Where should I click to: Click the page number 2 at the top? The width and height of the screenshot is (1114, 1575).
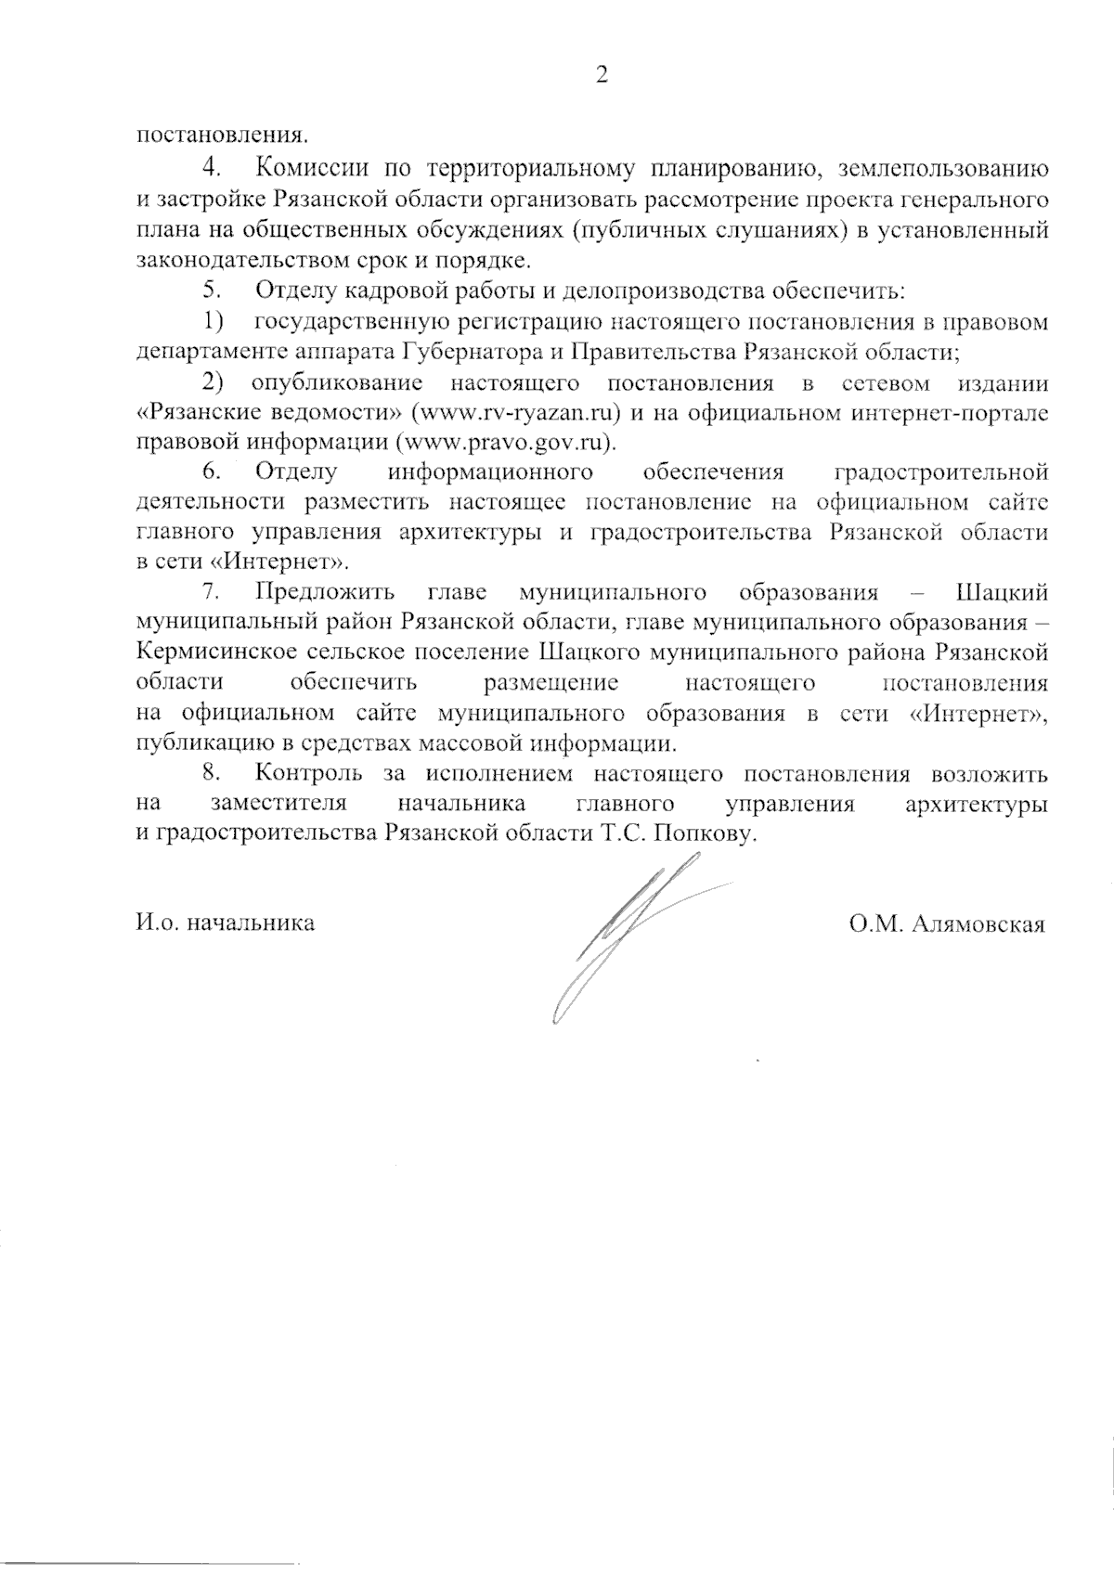coord(602,76)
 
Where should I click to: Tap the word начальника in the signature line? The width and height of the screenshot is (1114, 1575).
coord(251,923)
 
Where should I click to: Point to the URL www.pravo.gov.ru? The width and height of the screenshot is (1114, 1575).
coord(505,443)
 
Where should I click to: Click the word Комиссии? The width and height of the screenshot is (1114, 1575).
coord(308,169)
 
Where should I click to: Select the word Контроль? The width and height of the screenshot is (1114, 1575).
coord(308,772)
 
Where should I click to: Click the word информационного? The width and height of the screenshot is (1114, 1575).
coord(490,471)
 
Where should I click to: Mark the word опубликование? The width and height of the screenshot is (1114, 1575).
coord(336,383)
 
